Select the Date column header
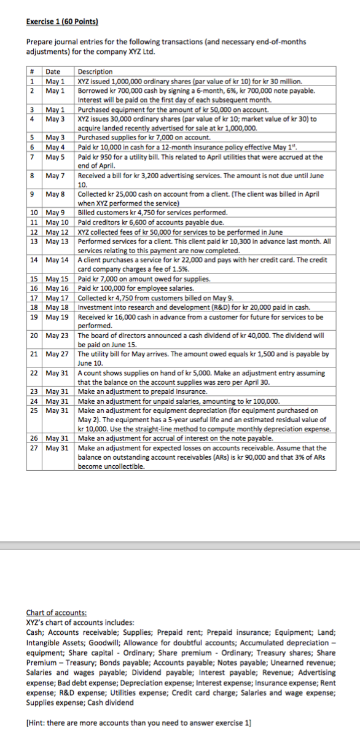(x=53, y=72)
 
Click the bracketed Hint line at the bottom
(x=139, y=723)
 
